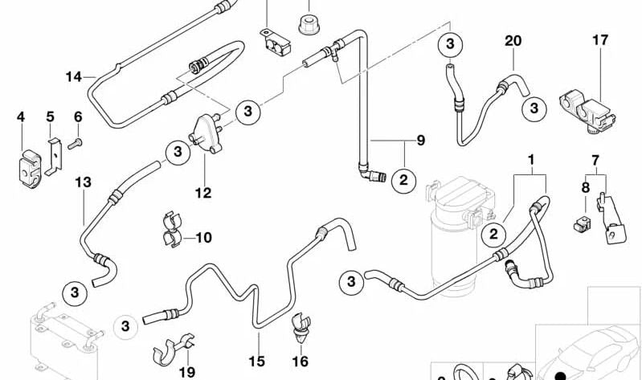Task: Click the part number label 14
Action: coord(74,77)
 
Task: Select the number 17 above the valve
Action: coord(600,40)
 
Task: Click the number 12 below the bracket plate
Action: coord(202,193)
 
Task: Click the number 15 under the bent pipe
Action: coord(256,362)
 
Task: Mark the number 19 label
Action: coord(187,371)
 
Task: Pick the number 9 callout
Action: coord(419,141)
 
